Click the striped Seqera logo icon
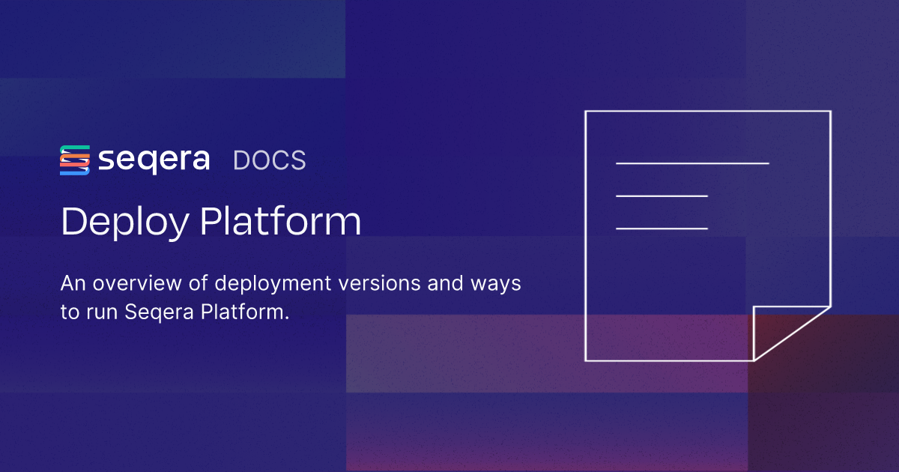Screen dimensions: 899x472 tap(75, 160)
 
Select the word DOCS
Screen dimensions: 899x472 tap(269, 160)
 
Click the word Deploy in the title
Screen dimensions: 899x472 tap(125, 222)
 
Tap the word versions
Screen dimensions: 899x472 tap(379, 283)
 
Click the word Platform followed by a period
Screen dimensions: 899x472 tap(245, 312)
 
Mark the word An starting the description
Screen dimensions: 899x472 tap(73, 283)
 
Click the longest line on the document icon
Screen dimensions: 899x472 tap(692, 163)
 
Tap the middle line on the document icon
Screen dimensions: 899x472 tap(662, 196)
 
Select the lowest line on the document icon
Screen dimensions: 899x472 tap(662, 229)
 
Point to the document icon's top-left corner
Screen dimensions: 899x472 tap(586, 111)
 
